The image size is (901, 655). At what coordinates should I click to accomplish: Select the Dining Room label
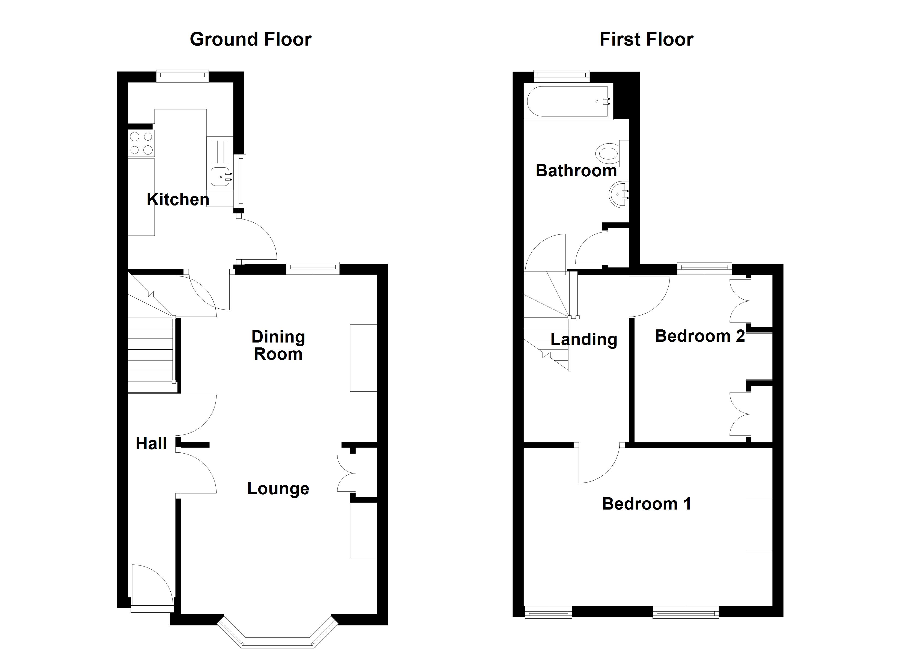(278, 345)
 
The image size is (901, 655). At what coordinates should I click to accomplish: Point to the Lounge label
(278, 489)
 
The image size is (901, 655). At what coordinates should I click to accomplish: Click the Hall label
(151, 443)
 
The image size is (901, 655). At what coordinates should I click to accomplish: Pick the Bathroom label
(576, 171)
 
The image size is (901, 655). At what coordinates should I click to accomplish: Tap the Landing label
(583, 339)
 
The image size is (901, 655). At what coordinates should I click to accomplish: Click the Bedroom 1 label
(646, 504)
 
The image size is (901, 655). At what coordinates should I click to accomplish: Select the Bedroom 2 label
(700, 336)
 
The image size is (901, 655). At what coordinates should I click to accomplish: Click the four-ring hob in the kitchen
(141, 143)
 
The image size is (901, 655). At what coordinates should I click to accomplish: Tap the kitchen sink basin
(219, 177)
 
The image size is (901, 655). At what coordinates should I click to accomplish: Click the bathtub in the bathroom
(568, 101)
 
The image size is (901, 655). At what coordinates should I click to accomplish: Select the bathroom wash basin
(618, 195)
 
